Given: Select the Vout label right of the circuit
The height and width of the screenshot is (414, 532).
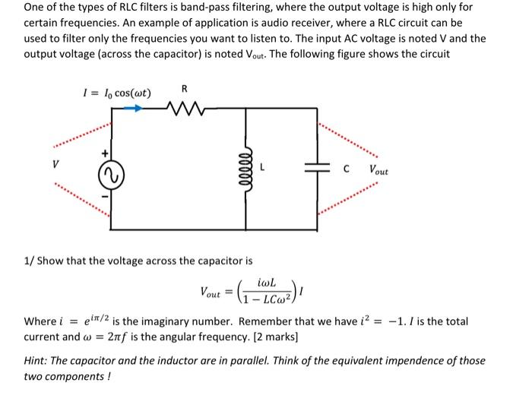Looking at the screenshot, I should click(378, 171).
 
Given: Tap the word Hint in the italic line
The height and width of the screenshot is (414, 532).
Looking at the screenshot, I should click(36, 361).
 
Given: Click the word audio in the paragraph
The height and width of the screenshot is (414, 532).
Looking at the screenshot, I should click(324, 22).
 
